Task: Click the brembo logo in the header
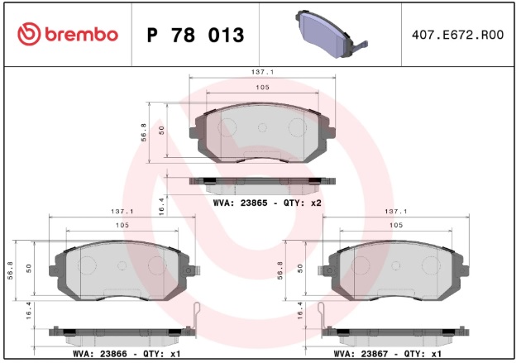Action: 68,34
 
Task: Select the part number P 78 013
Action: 195,36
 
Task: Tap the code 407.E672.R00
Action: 457,35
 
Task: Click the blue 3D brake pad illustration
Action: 332,34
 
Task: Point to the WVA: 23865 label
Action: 240,203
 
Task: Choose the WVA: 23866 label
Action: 100,354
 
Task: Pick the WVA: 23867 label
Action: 361,354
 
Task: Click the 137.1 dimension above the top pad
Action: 262,72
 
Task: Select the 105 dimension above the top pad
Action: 262,88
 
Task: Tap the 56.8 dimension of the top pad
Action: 144,132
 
